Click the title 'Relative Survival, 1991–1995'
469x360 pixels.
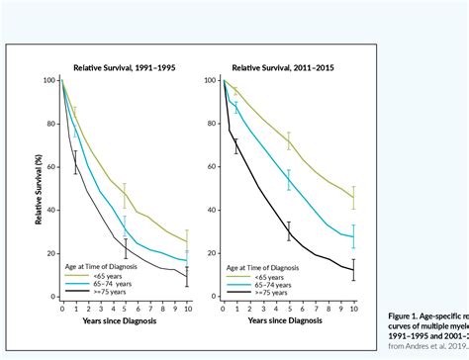(124, 67)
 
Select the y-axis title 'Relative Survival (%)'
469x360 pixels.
(38, 188)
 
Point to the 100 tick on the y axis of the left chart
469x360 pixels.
(50, 81)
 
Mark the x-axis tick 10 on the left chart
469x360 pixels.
(187, 308)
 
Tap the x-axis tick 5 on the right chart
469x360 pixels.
(289, 308)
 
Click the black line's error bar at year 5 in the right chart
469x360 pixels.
(289, 231)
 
